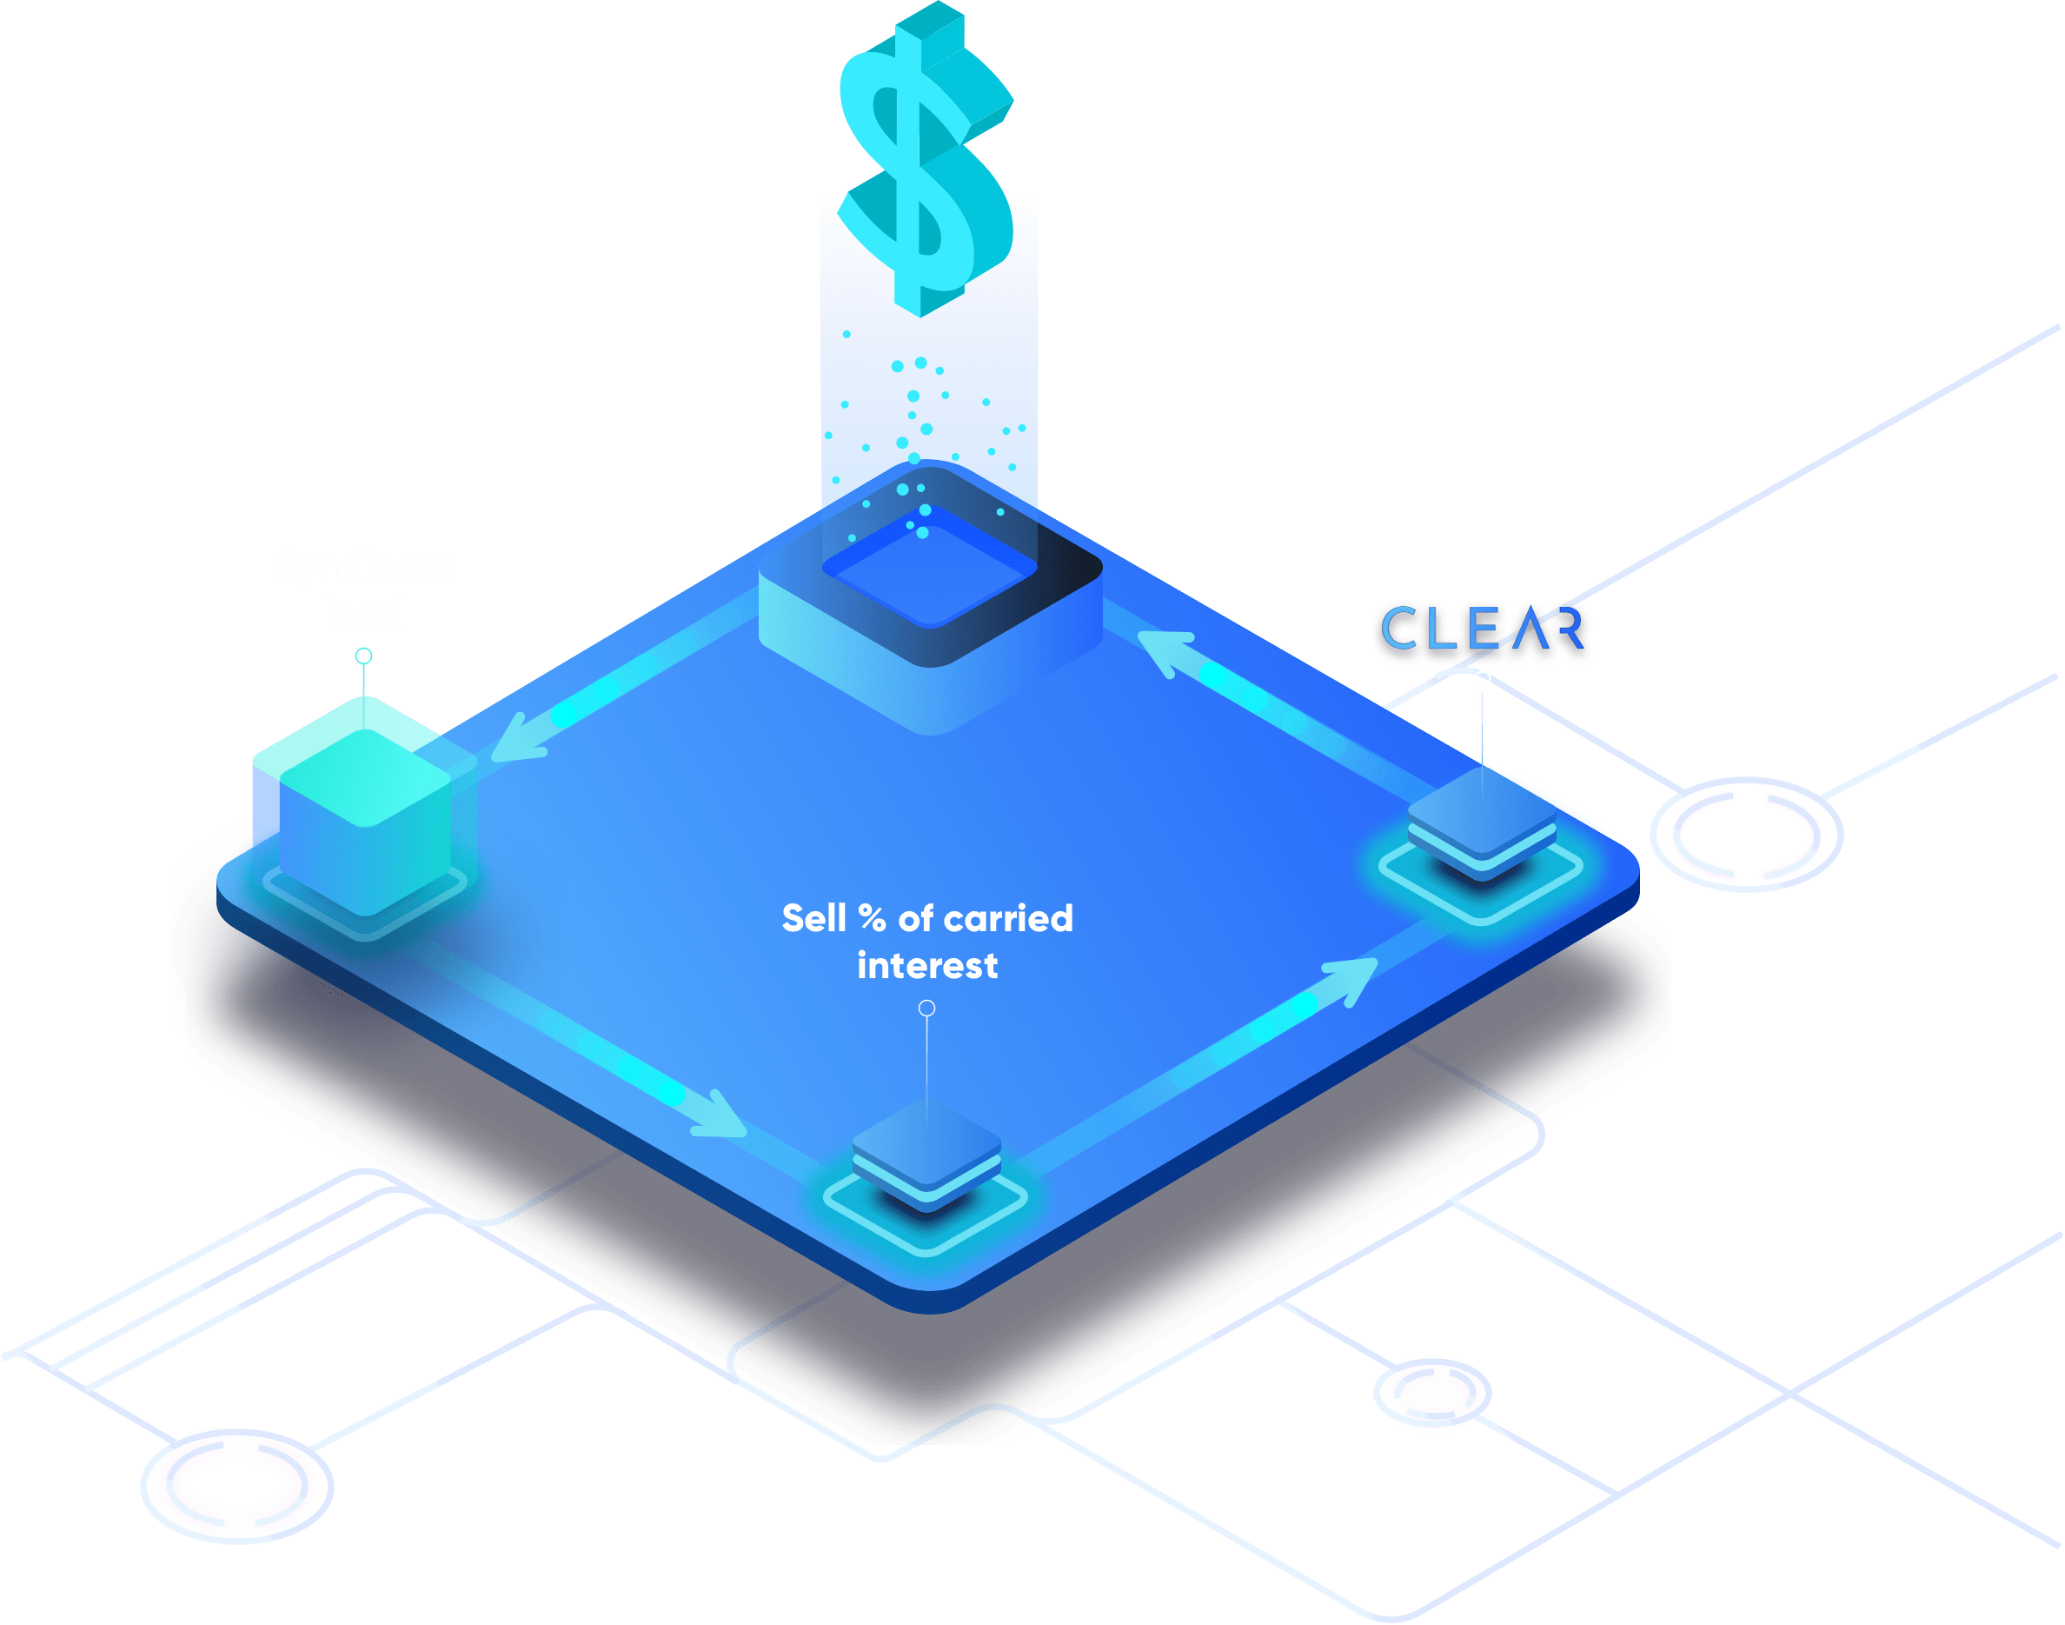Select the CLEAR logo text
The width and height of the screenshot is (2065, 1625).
pos(1483,629)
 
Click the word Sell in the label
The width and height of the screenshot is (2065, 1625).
pos(813,918)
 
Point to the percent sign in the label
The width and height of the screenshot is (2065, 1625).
pos(873,918)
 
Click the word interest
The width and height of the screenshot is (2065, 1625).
pos(927,966)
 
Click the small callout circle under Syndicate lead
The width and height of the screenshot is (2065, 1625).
pos(363,656)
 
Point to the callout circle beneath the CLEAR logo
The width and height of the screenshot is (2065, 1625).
pos(1482,679)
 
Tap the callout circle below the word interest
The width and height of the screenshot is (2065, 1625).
pos(926,1009)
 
